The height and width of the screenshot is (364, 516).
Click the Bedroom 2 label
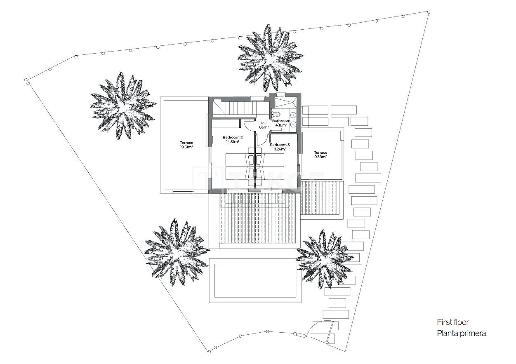233,137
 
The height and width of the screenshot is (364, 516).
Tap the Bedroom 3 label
280,145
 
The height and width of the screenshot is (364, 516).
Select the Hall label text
263,123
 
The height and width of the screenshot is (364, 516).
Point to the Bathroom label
281,121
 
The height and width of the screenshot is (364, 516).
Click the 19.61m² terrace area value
186,147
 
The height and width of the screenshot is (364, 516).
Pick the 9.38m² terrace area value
320,157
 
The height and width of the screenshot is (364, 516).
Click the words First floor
453,322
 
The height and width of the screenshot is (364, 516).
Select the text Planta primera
461,333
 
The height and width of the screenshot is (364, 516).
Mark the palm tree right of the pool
324,259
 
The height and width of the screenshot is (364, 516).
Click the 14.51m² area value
233,142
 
